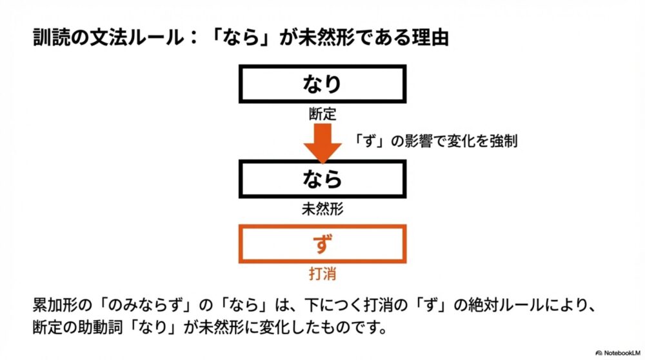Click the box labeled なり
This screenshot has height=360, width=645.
[322, 84]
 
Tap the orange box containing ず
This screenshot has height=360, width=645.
[322, 244]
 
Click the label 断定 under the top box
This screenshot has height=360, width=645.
[322, 115]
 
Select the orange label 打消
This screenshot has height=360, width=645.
[322, 274]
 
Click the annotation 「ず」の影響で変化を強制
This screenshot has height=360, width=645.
[436, 140]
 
